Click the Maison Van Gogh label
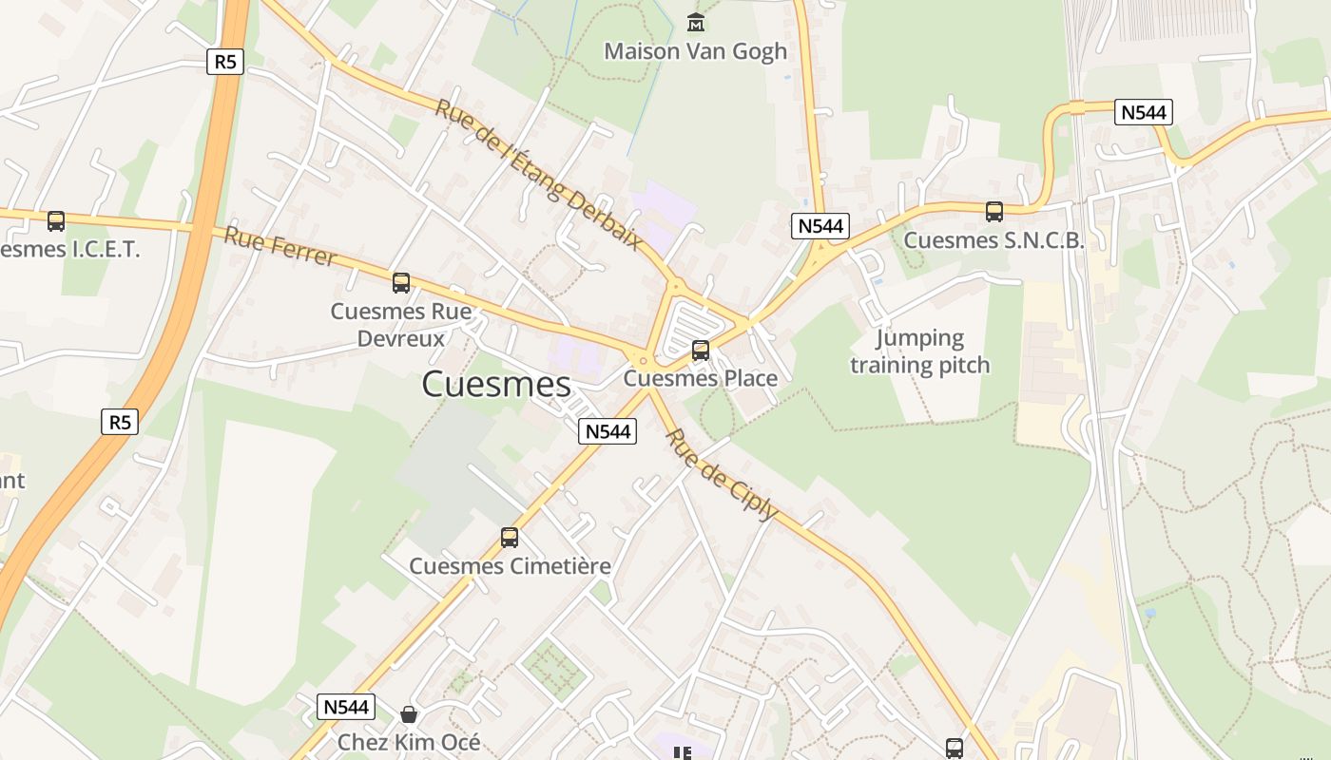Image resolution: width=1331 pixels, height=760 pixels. point(696,51)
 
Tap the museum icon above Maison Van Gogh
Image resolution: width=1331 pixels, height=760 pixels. point(696,21)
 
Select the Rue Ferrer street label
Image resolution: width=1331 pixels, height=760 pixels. point(280,246)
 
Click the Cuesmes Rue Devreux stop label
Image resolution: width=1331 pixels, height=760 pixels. point(401,324)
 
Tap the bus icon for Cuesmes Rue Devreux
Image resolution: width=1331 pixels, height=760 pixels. point(401,282)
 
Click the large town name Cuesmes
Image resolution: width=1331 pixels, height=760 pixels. point(496,385)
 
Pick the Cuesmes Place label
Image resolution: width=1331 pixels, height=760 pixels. point(701,378)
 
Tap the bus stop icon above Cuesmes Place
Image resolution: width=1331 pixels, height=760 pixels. point(701,351)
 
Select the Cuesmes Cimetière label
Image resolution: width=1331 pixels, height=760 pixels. point(510,566)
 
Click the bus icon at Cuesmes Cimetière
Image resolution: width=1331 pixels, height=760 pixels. point(510,538)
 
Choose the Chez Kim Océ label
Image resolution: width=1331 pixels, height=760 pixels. point(409,742)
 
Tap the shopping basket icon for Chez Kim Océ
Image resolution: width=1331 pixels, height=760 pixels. point(409,713)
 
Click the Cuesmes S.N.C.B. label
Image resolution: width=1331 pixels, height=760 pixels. point(993,240)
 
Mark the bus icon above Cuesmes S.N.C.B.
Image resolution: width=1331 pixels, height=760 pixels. point(994,212)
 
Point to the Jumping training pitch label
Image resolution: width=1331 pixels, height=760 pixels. point(920,351)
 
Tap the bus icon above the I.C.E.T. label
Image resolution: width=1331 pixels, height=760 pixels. point(56,221)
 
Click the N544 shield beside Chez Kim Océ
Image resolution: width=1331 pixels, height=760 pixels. point(346,707)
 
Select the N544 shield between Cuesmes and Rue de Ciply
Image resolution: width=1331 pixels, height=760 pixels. point(608,431)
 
